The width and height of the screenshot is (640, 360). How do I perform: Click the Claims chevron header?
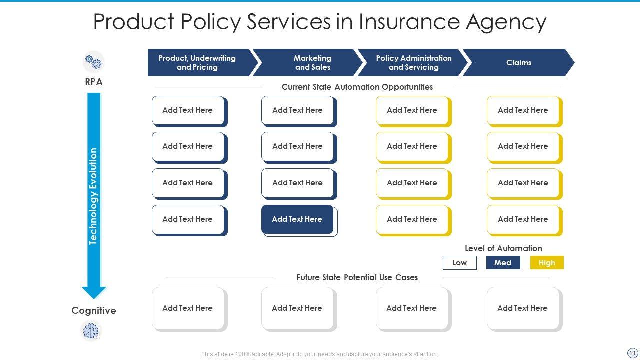(x=518, y=63)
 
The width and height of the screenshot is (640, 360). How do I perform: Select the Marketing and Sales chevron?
(x=312, y=63)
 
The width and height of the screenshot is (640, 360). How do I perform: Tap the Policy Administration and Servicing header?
(x=413, y=63)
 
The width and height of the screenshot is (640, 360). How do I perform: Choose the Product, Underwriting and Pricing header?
(x=197, y=63)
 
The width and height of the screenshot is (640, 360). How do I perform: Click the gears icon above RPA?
(x=93, y=62)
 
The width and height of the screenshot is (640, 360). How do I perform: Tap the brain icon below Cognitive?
(x=91, y=331)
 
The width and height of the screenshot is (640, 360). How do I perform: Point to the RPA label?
(x=94, y=82)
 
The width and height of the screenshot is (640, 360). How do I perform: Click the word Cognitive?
(x=94, y=311)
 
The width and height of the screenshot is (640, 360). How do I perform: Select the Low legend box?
(x=459, y=263)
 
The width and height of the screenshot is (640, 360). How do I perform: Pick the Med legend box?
(x=503, y=263)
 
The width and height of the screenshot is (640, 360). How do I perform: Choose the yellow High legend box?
(x=547, y=263)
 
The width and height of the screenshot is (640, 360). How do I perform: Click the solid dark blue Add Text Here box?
(x=297, y=219)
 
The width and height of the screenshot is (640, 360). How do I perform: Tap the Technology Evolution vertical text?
(x=93, y=196)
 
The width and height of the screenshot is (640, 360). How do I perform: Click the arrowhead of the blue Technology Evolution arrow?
(x=94, y=292)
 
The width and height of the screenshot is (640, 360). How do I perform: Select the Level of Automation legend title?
(x=503, y=248)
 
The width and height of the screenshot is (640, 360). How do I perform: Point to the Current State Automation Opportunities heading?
(x=357, y=87)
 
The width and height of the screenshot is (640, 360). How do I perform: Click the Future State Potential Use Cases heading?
(x=357, y=277)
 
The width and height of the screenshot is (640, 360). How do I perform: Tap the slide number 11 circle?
(x=632, y=353)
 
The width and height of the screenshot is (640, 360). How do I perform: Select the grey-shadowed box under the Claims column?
(x=523, y=308)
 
